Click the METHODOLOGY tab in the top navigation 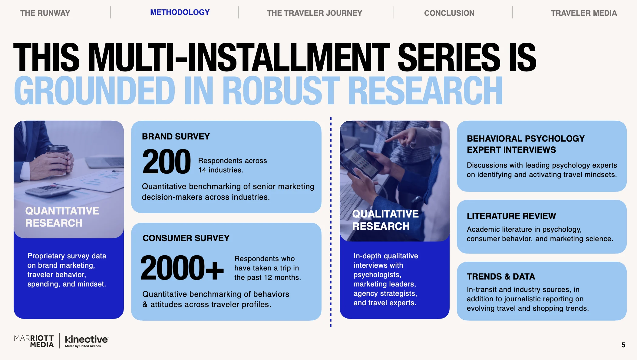coord(180,12)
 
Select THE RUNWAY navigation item coord(45,13)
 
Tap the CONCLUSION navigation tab coord(449,13)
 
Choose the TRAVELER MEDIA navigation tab coord(583,13)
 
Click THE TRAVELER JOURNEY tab coord(314,13)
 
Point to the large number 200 coord(167,162)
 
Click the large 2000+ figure coord(182,268)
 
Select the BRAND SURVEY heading coord(176,136)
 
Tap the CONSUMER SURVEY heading coord(186,238)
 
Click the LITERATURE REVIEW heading coord(511,216)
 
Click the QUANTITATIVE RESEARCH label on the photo coord(62,217)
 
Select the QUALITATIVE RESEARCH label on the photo coord(385,220)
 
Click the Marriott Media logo coord(34,341)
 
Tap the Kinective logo coord(86,341)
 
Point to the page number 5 coord(623,345)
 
